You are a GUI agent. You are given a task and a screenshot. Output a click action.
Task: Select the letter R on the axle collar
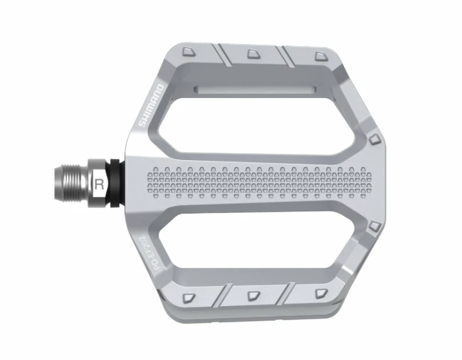tap(99, 184)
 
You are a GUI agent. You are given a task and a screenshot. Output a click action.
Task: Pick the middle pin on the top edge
tap(252, 54)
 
